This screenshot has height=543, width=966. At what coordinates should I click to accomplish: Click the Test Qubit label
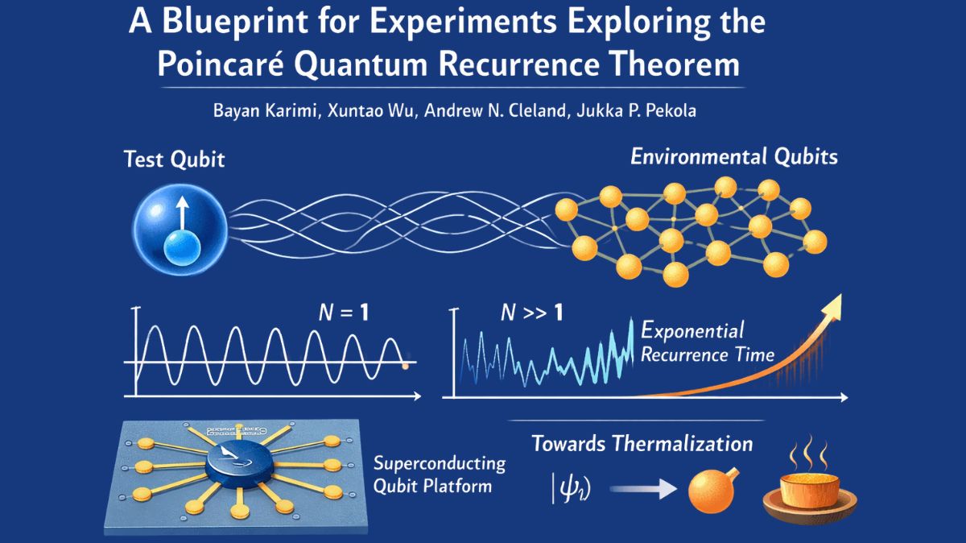pyautogui.click(x=175, y=160)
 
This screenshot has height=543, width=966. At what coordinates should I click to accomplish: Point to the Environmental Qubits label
pyautogui.click(x=733, y=156)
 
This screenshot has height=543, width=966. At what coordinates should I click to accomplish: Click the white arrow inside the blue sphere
pyautogui.click(x=182, y=217)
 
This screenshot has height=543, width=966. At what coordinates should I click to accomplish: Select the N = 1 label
pyautogui.click(x=341, y=313)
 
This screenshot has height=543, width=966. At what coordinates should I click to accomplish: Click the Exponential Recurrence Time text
pyautogui.click(x=707, y=342)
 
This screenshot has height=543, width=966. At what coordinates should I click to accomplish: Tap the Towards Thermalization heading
pyautogui.click(x=642, y=444)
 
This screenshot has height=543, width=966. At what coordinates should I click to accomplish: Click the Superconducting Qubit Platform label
pyautogui.click(x=440, y=475)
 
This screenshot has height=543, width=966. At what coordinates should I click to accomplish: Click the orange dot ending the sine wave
pyautogui.click(x=405, y=367)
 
